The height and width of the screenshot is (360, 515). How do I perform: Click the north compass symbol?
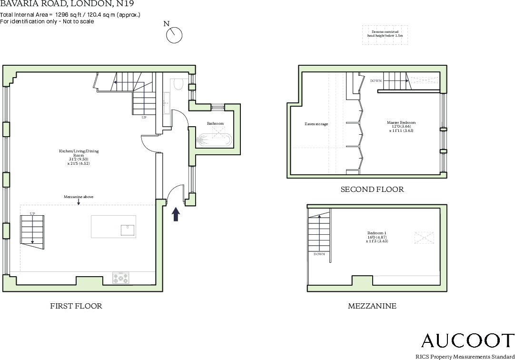175,34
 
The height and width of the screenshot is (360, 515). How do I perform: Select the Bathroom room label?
215,123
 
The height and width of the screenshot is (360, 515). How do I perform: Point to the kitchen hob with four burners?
120,278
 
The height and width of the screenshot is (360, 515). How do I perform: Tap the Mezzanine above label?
78,197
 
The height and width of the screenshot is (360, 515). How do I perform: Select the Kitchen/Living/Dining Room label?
79,157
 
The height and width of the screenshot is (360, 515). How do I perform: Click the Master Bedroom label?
397,126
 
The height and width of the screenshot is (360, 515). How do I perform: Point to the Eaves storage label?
317,124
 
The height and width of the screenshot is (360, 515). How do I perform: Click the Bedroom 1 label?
376,237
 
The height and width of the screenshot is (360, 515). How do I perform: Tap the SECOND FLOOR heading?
372,190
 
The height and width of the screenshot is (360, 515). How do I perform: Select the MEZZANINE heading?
372,306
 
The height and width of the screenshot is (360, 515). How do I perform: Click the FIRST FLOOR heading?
76,306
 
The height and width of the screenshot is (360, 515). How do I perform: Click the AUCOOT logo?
467,341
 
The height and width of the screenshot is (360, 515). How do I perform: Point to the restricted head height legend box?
385,35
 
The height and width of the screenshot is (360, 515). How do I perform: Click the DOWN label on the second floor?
376,81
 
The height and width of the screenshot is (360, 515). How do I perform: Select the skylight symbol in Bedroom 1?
425,238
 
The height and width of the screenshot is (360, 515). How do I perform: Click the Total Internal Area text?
70,15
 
